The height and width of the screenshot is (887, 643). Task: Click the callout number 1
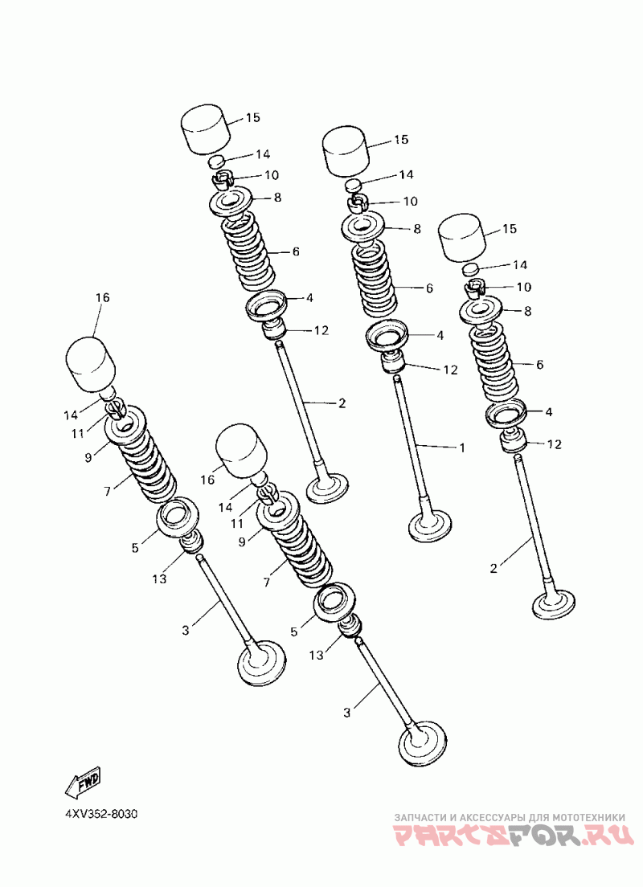click(x=462, y=448)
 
